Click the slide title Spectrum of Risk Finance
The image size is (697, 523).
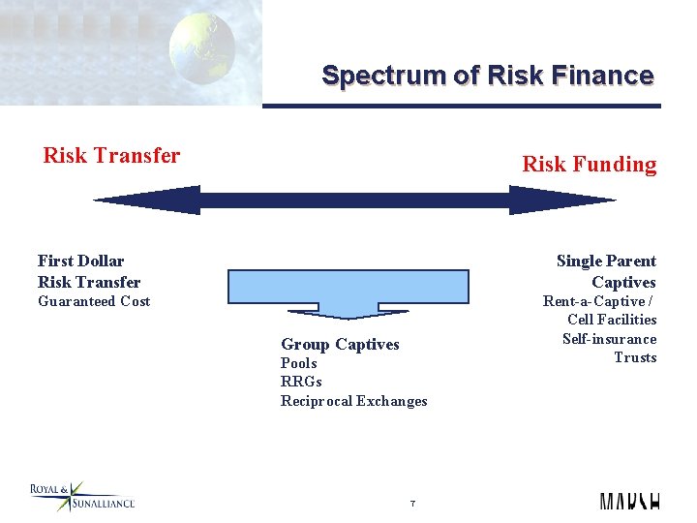(487, 76)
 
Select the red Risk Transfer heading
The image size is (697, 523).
(111, 155)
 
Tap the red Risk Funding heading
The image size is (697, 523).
(589, 165)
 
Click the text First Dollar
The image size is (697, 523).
(81, 261)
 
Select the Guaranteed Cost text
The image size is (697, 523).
(94, 301)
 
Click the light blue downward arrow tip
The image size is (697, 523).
(319, 313)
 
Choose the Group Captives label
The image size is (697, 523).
(340, 344)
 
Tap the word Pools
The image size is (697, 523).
(298, 363)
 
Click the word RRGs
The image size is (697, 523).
(300, 382)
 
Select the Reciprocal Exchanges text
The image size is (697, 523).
(353, 401)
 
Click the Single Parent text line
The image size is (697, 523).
(606, 261)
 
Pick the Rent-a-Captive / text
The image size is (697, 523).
(598, 301)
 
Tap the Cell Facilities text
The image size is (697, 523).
(612, 320)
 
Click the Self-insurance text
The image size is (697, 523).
(609, 339)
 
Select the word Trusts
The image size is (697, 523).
(635, 357)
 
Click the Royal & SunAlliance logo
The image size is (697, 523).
(82, 497)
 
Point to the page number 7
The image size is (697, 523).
(412, 504)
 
